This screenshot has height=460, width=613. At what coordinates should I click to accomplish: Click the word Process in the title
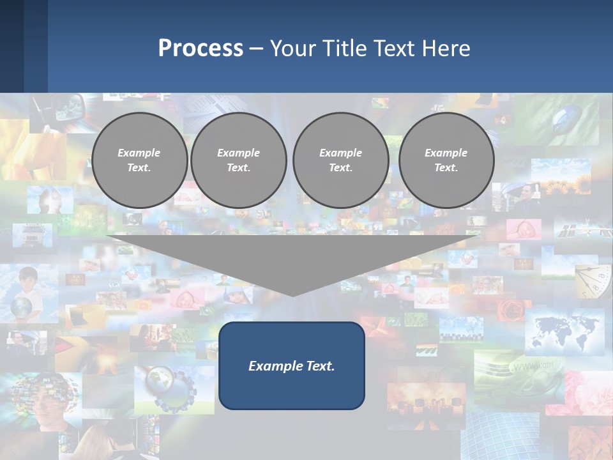point(201,49)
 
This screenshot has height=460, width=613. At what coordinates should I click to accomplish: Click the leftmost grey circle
point(139,160)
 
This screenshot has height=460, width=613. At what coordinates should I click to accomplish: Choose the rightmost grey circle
point(446,160)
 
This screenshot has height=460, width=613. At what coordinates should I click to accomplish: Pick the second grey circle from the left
point(239,160)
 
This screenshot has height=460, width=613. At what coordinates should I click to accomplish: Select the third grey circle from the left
point(340,160)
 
